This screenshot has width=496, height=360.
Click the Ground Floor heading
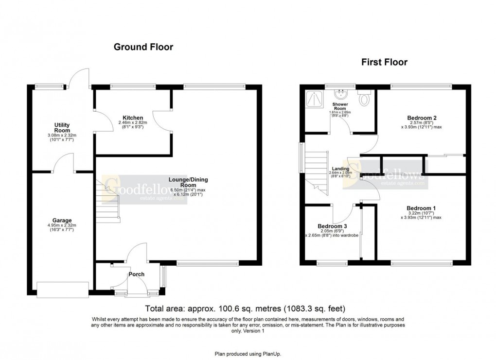(x=143, y=47)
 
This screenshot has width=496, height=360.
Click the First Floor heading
(x=384, y=62)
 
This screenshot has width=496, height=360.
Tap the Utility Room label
(x=62, y=128)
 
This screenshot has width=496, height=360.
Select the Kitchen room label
(x=133, y=118)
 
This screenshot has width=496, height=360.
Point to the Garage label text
(x=62, y=221)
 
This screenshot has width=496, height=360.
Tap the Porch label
(x=136, y=274)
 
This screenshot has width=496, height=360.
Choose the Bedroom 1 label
(x=421, y=208)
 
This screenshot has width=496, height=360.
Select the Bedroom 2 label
(x=421, y=118)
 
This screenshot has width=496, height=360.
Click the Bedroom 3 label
(x=332, y=226)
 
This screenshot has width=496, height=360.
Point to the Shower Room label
(x=339, y=106)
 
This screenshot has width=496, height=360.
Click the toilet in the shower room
(x=365, y=99)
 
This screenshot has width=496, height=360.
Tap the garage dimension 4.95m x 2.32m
(x=62, y=225)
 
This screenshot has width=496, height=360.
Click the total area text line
(x=246, y=308)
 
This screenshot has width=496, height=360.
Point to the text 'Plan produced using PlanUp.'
(x=248, y=354)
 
